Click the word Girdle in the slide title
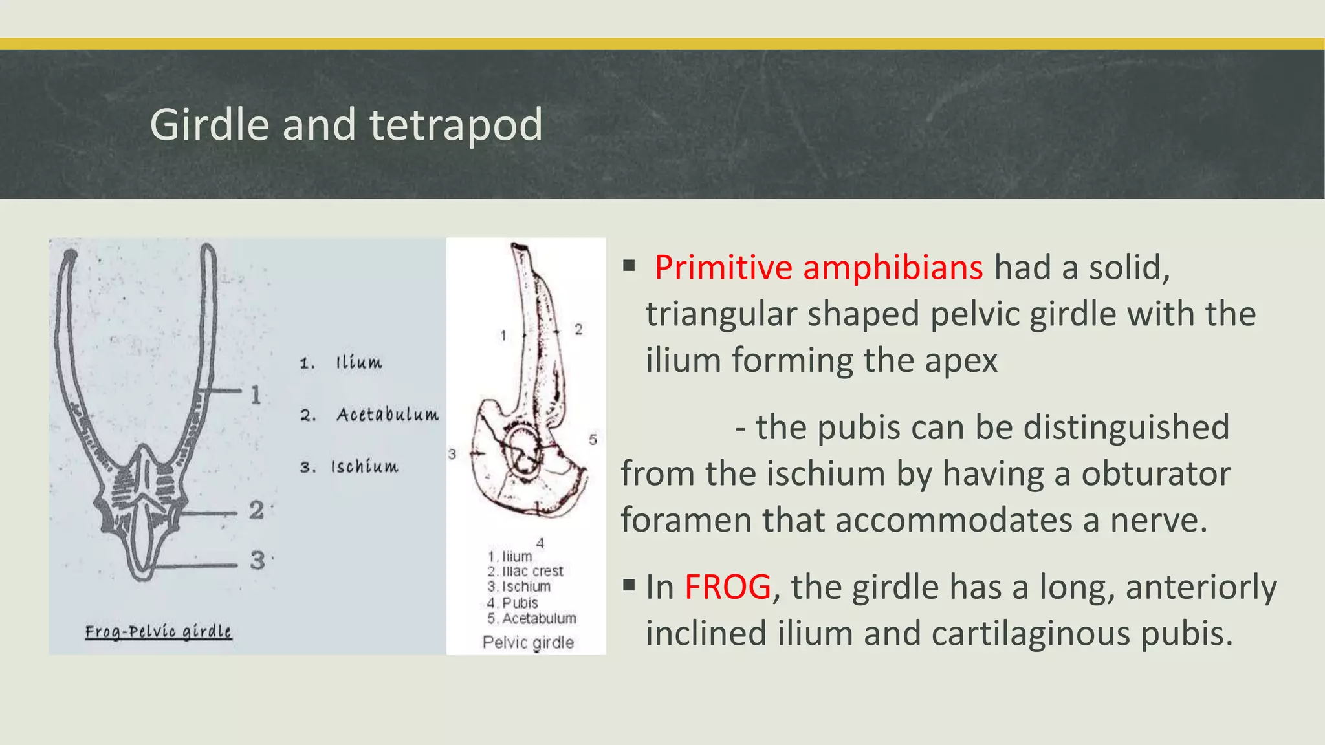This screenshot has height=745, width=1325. click(209, 125)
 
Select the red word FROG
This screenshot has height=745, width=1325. click(727, 587)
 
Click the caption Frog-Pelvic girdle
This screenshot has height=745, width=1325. click(159, 631)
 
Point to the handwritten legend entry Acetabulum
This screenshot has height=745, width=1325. click(387, 415)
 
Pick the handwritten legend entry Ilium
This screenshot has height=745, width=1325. click(358, 362)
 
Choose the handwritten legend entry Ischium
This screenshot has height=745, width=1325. click(364, 467)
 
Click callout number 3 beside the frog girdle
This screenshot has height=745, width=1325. click(257, 560)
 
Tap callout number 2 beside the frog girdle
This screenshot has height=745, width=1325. click(256, 510)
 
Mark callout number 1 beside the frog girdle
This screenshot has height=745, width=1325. click(256, 394)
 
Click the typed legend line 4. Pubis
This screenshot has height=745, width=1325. click(512, 603)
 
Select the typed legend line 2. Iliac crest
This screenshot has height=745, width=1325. click(525, 571)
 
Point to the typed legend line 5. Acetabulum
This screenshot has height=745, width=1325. click(532, 618)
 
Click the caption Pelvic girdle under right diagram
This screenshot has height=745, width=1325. click(528, 642)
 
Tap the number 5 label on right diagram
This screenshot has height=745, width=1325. click(593, 440)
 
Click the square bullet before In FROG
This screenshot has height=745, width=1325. click(628, 586)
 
